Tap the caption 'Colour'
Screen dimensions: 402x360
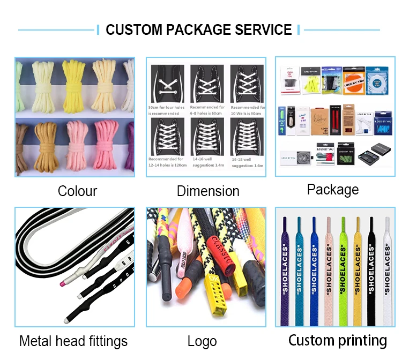[x=77, y=191]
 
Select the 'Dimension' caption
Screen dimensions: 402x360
[x=208, y=191]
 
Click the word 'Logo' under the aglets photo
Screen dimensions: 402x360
[x=202, y=341]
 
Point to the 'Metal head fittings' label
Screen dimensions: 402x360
[x=73, y=341]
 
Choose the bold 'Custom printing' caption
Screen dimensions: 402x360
[x=337, y=340]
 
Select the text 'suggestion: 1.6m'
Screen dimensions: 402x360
[x=247, y=166]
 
